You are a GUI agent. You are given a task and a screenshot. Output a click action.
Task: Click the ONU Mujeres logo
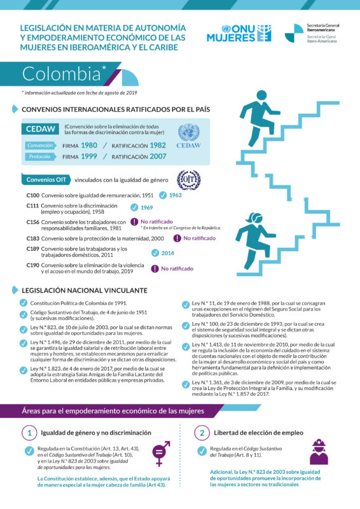coord(238,33)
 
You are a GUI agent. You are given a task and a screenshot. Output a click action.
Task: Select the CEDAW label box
coord(40,129)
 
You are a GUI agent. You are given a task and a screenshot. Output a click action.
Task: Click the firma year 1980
coord(89,145)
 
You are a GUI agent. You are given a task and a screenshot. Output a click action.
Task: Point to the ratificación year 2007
coord(158,157)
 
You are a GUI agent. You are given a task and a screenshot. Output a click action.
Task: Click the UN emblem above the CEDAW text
coord(188,132)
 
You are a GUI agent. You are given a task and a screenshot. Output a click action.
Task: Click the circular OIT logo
coord(188,179)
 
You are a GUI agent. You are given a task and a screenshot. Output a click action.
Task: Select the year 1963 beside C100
coord(176,195)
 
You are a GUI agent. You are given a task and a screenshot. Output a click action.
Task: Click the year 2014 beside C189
coord(167,253)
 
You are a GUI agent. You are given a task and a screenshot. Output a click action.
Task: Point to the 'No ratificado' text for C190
coord(177,268)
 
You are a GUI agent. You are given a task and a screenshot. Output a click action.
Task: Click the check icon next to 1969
coord(134,207)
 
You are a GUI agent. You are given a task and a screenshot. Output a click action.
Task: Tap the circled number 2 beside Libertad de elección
coord(201,433)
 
